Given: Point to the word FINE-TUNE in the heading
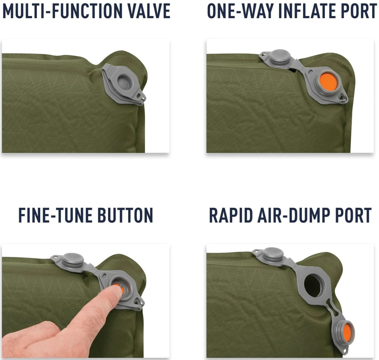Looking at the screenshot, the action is click(x=55, y=215).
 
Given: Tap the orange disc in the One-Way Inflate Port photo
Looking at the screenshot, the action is click(x=328, y=81).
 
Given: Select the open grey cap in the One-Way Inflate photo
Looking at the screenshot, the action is click(x=280, y=57).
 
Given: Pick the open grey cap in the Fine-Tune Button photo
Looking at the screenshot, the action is click(x=73, y=259).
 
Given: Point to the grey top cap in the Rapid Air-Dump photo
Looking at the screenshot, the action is click(x=273, y=254).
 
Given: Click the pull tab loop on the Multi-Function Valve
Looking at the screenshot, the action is click(x=141, y=97).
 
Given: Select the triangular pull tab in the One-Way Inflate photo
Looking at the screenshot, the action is click(x=341, y=98).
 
